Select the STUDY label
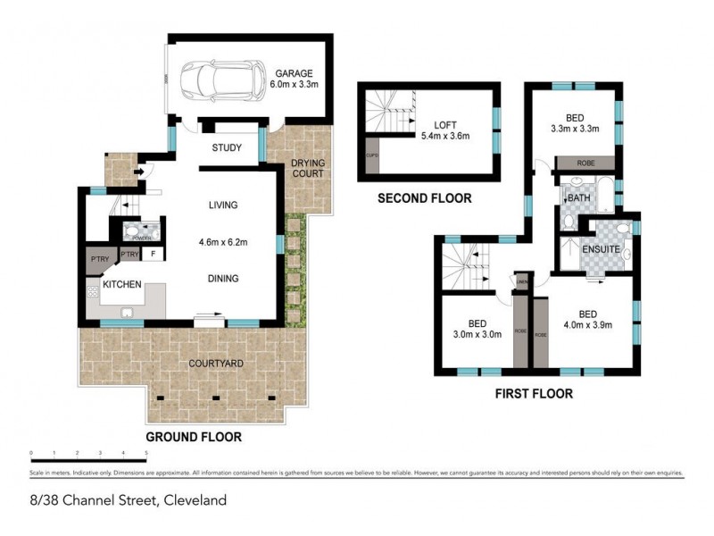tap(227, 148)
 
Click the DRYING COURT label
tap(309, 167)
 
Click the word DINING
tap(222, 279)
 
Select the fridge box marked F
tap(154, 255)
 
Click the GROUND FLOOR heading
tap(194, 438)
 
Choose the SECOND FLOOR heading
tap(424, 198)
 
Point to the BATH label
tap(579, 198)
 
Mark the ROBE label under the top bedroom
tap(585, 163)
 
